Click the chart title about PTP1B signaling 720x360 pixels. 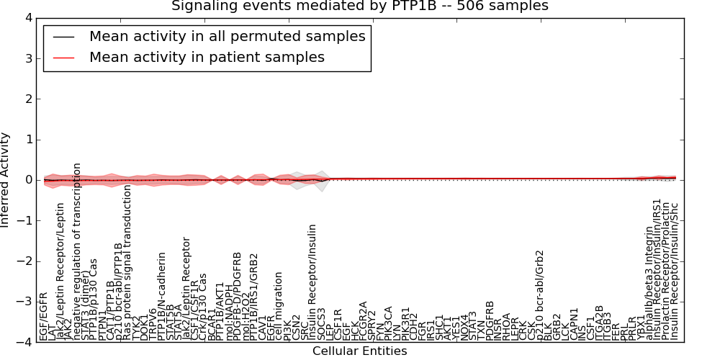[359, 6]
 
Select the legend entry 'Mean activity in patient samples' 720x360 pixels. [207, 57]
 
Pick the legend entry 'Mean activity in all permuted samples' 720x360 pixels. [227, 36]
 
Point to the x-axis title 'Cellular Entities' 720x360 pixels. [359, 351]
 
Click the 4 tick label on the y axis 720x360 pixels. [27, 18]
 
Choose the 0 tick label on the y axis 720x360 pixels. [27, 180]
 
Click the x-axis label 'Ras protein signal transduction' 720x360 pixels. [128, 263]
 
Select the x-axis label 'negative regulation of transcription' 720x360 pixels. [77, 251]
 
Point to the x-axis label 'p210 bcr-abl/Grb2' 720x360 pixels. [540, 295]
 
